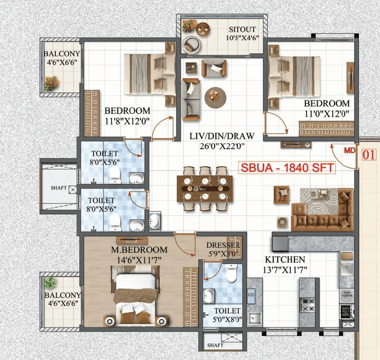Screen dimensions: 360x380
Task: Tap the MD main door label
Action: (x=350, y=151)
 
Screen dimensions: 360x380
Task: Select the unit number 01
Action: (x=368, y=155)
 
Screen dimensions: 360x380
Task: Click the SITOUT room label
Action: (x=242, y=29)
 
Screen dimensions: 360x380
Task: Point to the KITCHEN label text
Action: (x=285, y=260)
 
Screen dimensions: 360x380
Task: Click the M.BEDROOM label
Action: (x=139, y=250)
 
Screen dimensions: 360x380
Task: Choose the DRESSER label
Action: (x=223, y=245)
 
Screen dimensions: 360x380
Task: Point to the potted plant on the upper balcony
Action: (x=51, y=83)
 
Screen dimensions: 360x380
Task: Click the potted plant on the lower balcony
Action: (x=50, y=282)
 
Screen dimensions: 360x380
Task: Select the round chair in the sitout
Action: (x=192, y=44)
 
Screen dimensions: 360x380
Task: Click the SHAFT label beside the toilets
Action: (x=58, y=188)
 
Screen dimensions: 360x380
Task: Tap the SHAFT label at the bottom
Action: (x=215, y=345)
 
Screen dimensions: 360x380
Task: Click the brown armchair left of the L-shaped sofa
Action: (x=282, y=195)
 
